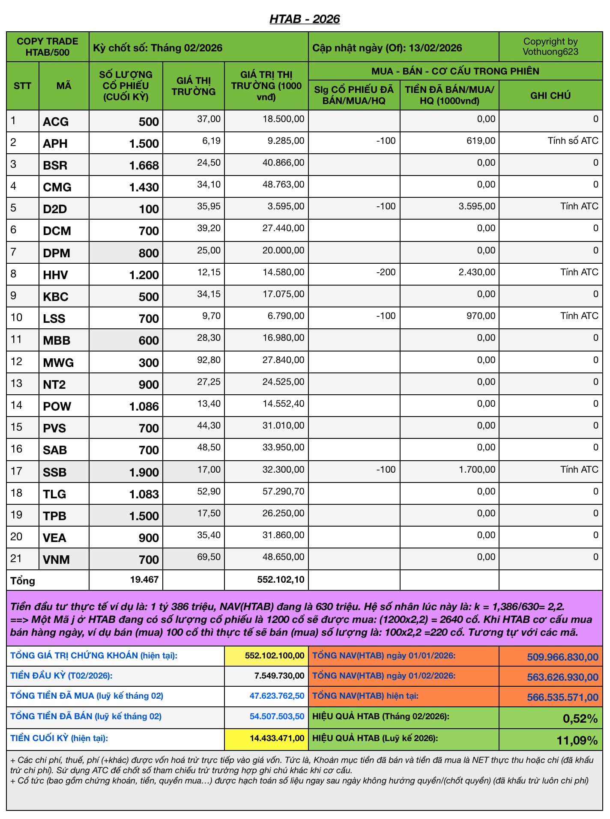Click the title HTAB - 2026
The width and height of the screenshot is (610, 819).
[x=305, y=19]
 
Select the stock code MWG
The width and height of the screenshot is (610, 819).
[x=58, y=363]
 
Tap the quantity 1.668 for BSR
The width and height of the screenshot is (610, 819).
[x=144, y=165]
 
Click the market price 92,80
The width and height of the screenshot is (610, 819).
[x=209, y=360]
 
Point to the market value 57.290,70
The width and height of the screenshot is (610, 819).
[x=283, y=491]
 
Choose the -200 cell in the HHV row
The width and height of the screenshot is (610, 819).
[x=386, y=272]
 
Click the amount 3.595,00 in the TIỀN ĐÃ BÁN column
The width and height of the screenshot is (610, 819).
[x=477, y=206]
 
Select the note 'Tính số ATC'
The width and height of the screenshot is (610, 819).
[x=573, y=141]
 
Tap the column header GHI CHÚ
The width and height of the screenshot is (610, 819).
[x=550, y=95]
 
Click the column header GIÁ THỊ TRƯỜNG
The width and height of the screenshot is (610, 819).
[x=194, y=86]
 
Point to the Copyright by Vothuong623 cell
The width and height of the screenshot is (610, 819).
[x=550, y=47]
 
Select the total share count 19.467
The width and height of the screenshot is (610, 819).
[x=144, y=580]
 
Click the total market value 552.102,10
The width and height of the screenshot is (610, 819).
[x=281, y=580]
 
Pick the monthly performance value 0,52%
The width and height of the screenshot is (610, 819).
[x=580, y=719]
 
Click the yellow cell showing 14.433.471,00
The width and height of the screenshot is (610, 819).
[x=277, y=739]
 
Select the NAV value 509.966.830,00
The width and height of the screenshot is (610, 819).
[x=562, y=657]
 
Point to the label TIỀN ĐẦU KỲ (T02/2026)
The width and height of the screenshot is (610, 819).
[x=61, y=676]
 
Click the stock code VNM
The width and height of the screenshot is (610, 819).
[x=56, y=560]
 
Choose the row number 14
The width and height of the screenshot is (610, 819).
[x=16, y=405]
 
